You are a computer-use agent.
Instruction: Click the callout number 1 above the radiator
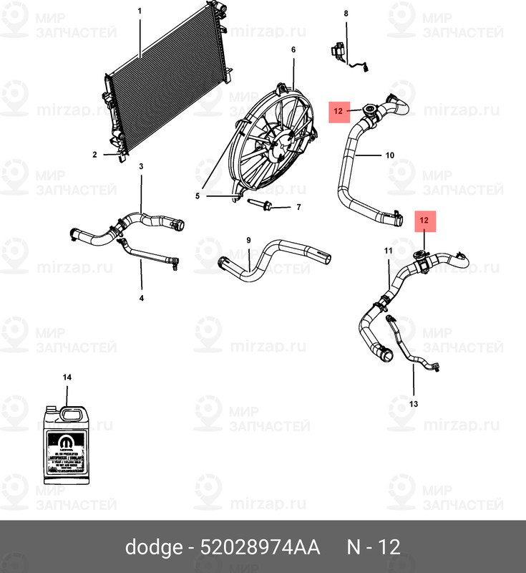pyautogui.click(x=140, y=11)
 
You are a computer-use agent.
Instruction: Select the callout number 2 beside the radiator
pyautogui.click(x=94, y=155)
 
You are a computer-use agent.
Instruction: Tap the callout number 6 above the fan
pyautogui.click(x=293, y=49)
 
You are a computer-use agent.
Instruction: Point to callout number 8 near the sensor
pyautogui.click(x=346, y=14)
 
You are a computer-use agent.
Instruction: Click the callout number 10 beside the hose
pyautogui.click(x=389, y=155)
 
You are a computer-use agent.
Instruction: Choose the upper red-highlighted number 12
pyautogui.click(x=339, y=111)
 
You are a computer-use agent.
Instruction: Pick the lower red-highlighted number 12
pyautogui.click(x=424, y=221)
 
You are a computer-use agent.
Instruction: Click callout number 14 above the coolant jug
pyautogui.click(x=67, y=377)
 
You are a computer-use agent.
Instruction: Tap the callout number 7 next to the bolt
pyautogui.click(x=298, y=208)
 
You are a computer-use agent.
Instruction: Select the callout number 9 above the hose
pyautogui.click(x=248, y=240)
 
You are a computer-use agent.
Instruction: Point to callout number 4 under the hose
pyautogui.click(x=141, y=297)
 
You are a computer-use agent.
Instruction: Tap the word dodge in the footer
pyautogui.click(x=153, y=548)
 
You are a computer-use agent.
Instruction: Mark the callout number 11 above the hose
pyautogui.click(x=388, y=251)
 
